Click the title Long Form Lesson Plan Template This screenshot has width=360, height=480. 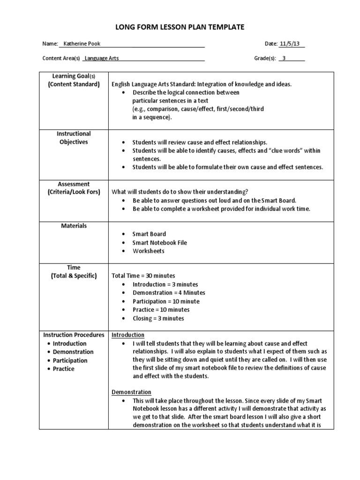point(180,28)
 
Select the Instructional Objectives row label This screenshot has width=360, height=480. point(74,138)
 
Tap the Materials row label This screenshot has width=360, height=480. point(74,226)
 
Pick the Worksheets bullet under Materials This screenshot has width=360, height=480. point(148,251)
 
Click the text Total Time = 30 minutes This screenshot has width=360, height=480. point(143,276)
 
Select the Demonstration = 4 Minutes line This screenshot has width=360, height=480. point(169,293)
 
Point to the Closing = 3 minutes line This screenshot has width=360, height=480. point(158,318)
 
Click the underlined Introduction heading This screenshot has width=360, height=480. point(127,335)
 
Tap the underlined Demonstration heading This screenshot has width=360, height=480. point(131,392)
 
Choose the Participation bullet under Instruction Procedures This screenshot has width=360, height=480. point(70,360)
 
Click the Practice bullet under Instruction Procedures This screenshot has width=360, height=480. point(63,369)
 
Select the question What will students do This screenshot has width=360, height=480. point(180,192)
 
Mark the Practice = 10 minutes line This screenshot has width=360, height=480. point(161,310)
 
